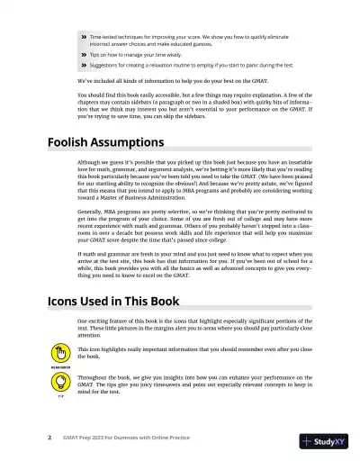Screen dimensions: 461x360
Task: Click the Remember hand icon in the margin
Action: [61, 355]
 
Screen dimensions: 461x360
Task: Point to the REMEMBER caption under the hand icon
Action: [61, 367]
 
